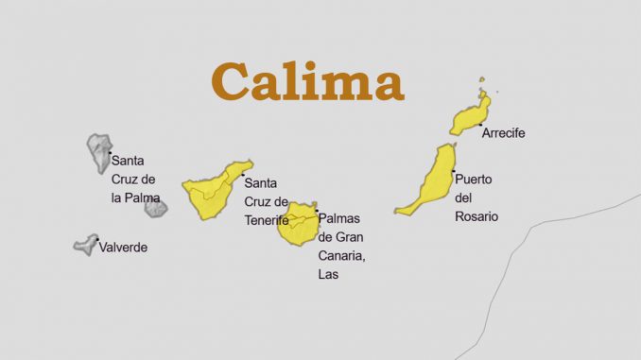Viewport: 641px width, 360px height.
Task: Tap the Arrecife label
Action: pos(503,133)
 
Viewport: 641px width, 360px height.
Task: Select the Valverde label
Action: pos(124,248)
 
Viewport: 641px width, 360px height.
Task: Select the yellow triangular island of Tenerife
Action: pos(213,190)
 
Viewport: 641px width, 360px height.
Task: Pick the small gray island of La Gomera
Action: pos(156,208)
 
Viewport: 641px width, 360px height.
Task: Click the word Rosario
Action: pos(476,216)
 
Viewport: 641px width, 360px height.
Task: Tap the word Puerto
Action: pos(474,179)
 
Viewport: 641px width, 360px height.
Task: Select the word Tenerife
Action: pos(267,220)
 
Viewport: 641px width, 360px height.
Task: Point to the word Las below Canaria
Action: pos(328,274)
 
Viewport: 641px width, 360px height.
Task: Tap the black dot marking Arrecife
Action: pos(480,125)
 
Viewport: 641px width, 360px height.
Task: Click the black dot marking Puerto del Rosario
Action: pos(454,171)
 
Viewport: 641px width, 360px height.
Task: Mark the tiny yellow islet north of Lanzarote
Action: pos(481,81)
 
